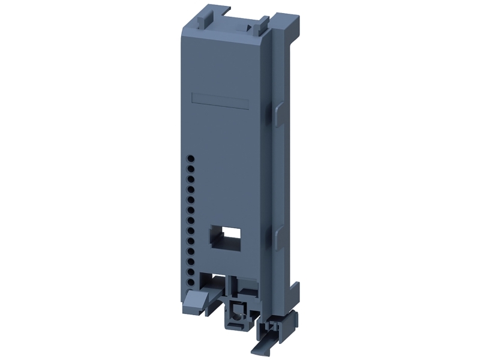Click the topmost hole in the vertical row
point(191,159)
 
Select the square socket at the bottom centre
point(237,313)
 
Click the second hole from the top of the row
point(191,169)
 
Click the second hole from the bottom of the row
point(191,271)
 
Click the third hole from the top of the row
point(191,179)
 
